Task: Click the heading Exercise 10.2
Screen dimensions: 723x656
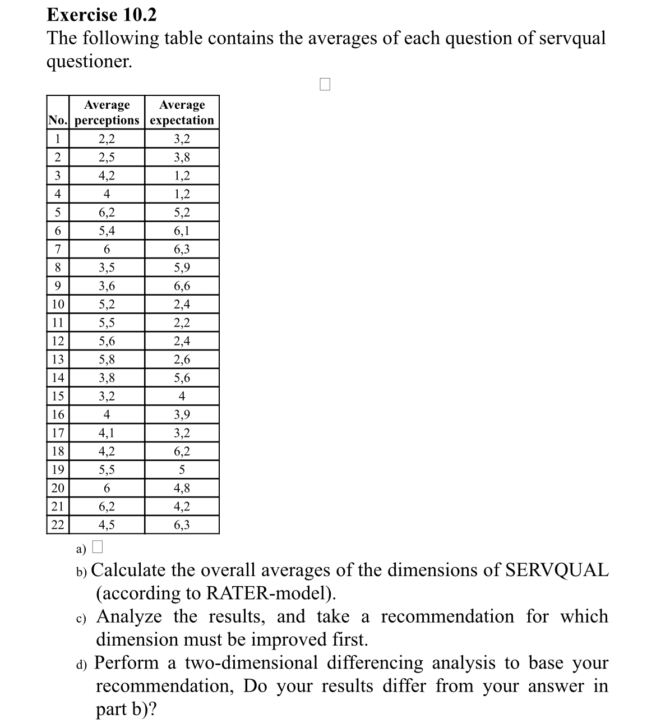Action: click(101, 15)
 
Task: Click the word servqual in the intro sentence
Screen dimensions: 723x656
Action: click(572, 38)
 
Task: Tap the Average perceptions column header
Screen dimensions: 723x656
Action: click(107, 113)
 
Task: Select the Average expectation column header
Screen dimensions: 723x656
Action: click(182, 113)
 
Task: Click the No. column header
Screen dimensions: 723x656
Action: click(57, 120)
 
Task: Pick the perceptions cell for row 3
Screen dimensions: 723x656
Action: click(107, 176)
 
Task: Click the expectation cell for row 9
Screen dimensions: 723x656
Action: click(182, 286)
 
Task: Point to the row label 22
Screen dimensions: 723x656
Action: click(58, 525)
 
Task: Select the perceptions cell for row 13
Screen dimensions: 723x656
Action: click(107, 360)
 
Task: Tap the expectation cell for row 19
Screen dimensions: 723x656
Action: click(182, 470)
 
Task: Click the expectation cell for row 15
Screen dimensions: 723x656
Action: click(182, 397)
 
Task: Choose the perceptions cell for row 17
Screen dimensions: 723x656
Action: click(107, 433)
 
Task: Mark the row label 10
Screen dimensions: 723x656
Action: click(58, 305)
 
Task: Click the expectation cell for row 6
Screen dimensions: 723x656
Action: click(182, 231)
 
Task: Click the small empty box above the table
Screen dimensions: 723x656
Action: click(325, 84)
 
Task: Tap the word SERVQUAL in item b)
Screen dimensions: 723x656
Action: click(556, 570)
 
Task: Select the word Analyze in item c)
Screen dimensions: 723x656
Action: click(129, 616)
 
